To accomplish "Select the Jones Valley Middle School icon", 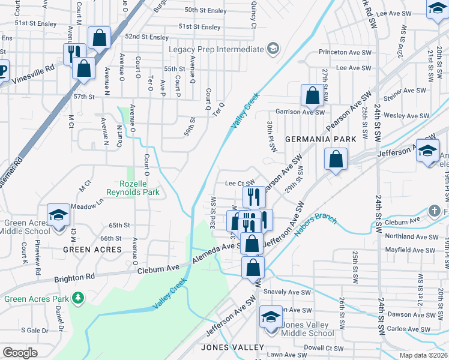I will point(271,317).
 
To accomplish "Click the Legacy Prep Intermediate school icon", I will point(273,48).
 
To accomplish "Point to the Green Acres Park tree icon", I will point(77,297).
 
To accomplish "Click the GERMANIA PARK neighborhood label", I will point(321,139).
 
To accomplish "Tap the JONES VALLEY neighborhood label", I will point(232,347).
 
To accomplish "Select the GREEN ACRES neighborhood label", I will point(92,249).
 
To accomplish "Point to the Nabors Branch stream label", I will point(316,225).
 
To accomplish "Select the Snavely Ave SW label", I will point(287,292).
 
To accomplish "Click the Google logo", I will point(20,352).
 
